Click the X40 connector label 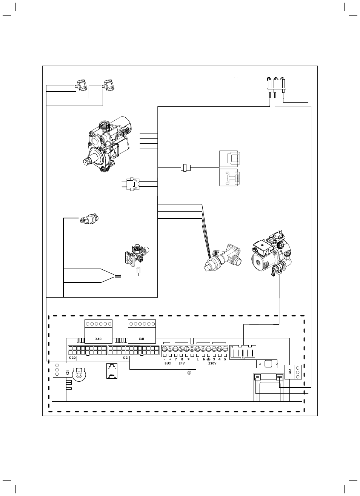coord(98,339)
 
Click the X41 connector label coord(142,339)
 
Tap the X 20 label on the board coord(72,358)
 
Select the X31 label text coord(68,373)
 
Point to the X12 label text coord(290,371)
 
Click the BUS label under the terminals coord(168,363)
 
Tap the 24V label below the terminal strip coord(182,363)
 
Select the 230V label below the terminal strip coord(212,363)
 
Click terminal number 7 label coord(176,359)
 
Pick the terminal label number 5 coord(225,359)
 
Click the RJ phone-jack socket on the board coord(112,371)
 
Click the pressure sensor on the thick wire coord(89,218)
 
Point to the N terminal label coord(204,359)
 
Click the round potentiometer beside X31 coord(78,375)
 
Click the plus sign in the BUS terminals coord(170,359)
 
